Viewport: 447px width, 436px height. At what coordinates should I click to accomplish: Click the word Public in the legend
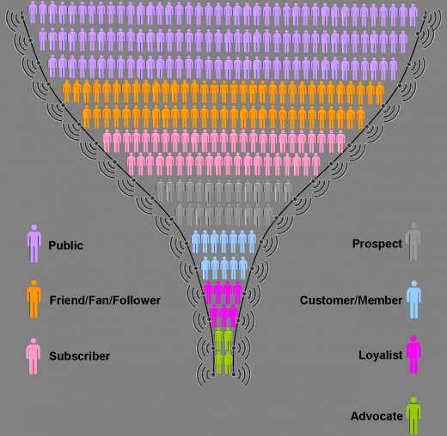[65, 245]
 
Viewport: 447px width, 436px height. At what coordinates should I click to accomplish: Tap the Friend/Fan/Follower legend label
[105, 300]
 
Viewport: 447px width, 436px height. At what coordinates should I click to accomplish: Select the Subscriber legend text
[79, 356]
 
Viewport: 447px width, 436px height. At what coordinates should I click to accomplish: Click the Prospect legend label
[377, 244]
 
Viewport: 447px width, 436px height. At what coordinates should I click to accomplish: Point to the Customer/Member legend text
[351, 300]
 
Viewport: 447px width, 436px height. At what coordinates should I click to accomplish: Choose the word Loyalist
[381, 355]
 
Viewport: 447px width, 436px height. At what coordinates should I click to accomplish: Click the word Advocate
[377, 416]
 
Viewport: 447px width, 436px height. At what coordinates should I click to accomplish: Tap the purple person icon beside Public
[34, 243]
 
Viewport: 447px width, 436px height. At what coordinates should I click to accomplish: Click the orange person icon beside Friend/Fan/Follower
[34, 299]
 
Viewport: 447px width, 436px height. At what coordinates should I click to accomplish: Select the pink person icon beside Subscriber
[34, 356]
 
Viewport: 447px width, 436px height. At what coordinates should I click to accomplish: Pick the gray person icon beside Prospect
[413, 242]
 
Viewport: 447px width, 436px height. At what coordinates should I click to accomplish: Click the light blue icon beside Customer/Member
[413, 300]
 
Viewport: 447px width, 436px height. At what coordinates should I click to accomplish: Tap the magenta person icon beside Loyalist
[413, 354]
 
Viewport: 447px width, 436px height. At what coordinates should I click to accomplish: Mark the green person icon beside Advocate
[413, 415]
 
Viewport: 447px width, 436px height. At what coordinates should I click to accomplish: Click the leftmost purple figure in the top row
[33, 12]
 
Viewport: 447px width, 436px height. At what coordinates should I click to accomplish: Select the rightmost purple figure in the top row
[413, 15]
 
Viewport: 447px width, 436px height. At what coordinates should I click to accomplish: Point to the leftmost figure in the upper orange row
[67, 91]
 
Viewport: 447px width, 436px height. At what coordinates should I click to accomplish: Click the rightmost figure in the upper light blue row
[252, 242]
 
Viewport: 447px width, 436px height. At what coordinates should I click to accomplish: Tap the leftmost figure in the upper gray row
[161, 191]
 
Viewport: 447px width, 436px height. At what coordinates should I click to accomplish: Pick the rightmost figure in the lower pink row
[315, 165]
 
